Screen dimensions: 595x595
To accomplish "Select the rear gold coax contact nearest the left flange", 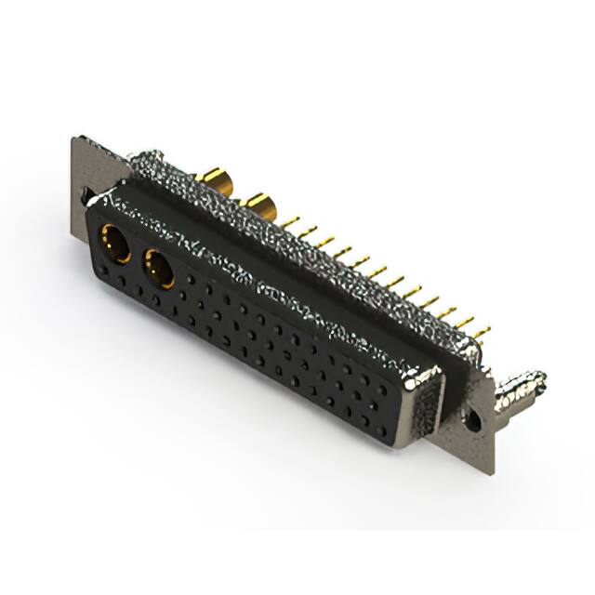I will (x=217, y=177).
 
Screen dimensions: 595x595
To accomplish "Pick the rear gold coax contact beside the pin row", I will (x=258, y=203).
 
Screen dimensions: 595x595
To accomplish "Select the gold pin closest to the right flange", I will (x=480, y=331).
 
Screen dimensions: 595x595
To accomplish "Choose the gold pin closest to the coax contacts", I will (x=291, y=222).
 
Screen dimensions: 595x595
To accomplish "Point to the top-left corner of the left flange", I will (x=74, y=140).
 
